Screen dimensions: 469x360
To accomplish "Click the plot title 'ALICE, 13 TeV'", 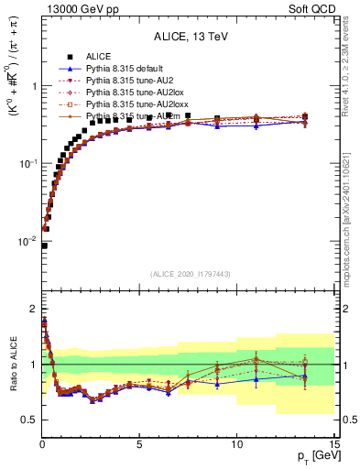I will [188, 37].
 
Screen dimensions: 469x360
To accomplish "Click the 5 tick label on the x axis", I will [139, 444].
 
